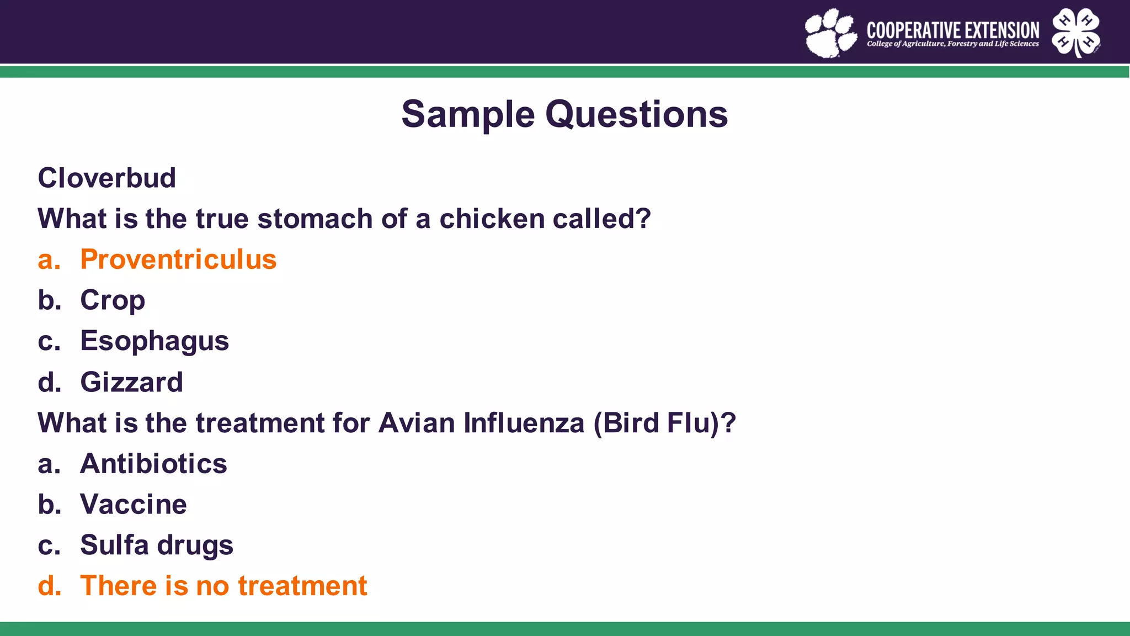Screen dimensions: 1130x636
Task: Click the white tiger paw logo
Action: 830,33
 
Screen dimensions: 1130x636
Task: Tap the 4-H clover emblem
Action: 1076,32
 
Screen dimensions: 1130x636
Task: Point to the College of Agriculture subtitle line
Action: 953,44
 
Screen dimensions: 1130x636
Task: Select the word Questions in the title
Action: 637,115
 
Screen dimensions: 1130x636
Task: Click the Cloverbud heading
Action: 107,178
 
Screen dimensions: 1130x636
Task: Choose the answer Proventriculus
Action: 178,259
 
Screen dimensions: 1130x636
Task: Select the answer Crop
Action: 113,300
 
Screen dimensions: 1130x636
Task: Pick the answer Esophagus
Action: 154,341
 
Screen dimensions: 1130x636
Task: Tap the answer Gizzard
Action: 131,382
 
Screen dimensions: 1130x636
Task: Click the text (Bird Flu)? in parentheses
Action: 664,423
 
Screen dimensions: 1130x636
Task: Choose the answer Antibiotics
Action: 153,464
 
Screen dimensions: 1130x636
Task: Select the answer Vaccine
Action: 134,505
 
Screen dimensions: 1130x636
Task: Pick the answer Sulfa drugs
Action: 157,545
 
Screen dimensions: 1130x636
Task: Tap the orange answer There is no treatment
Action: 223,586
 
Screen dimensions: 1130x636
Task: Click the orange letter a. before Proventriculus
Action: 49,259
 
